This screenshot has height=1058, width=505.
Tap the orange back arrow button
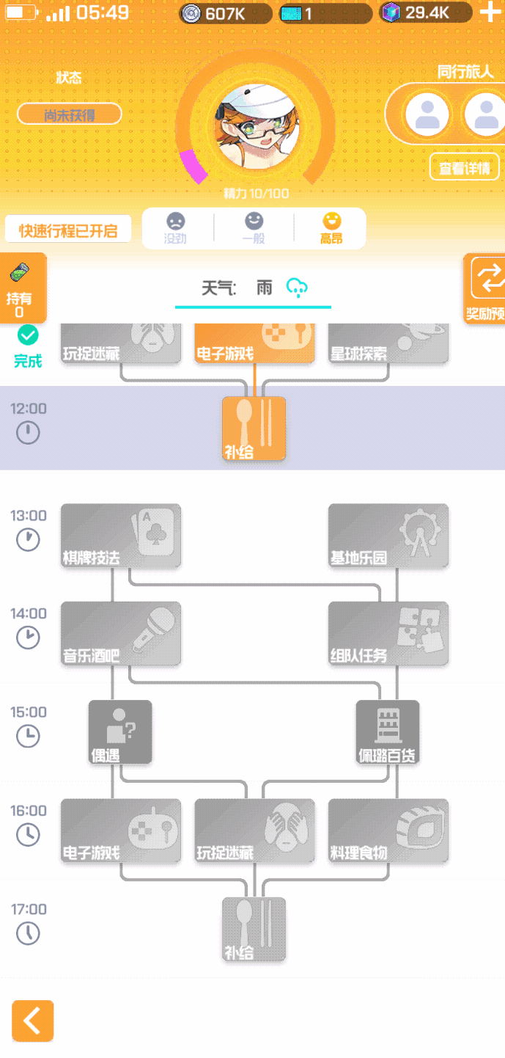point(32,1021)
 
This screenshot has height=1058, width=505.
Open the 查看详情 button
point(464,167)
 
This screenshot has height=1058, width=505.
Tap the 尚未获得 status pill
point(70,114)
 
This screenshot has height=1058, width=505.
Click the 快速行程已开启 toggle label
point(68,230)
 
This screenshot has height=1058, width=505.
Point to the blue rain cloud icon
point(297,287)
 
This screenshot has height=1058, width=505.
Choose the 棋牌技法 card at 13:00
point(120,536)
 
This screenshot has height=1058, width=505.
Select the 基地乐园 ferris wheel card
point(388,536)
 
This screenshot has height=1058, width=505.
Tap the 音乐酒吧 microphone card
point(120,634)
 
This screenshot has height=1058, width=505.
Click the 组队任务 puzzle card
point(388,634)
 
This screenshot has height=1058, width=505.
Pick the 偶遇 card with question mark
point(120,732)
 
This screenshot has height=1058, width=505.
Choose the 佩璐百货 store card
point(388,732)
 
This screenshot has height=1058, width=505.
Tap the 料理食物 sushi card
point(388,831)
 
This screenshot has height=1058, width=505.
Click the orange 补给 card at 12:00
point(254,429)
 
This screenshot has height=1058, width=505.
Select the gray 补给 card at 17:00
point(254,930)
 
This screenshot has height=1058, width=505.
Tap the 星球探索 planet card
point(388,343)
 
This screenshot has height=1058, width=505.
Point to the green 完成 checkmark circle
point(28,336)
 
